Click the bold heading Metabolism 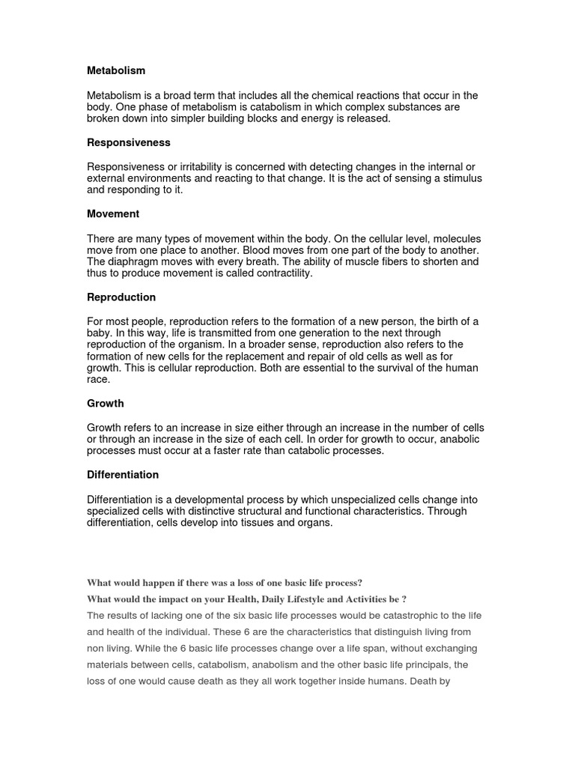116,70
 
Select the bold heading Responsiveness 129,142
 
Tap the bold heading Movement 113,213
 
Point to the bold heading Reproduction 121,297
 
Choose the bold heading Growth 106,403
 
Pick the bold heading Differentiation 123,475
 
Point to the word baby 100,333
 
